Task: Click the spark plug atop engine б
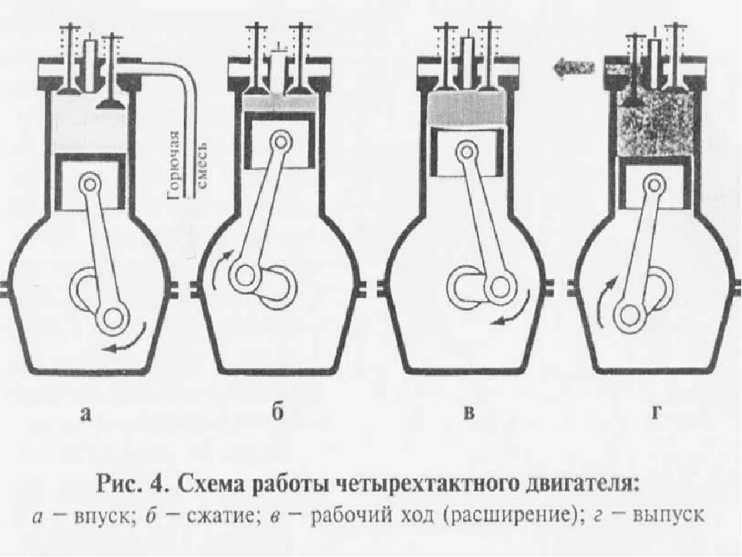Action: click(x=277, y=58)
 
